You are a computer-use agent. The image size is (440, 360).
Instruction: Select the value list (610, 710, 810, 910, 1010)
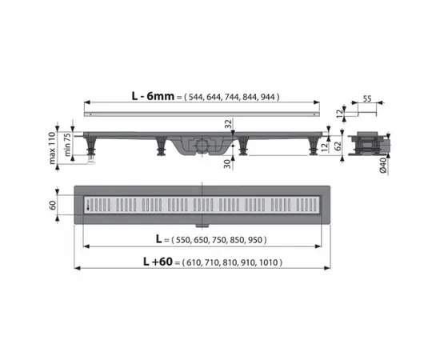(233, 262)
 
